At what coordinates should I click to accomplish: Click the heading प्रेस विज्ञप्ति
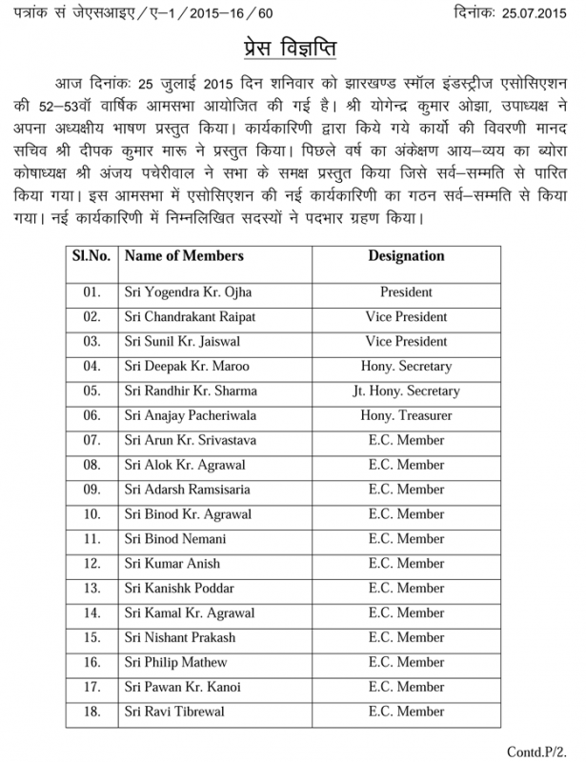pos(293,50)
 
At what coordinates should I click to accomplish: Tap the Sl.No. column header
pos(90,257)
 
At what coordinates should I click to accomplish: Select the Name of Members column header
pos(184,257)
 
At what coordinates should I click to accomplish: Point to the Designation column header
pos(406,257)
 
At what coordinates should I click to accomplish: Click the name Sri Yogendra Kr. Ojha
pos(188,292)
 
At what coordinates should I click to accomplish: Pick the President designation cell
pos(406,292)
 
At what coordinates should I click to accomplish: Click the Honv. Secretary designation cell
pos(406,366)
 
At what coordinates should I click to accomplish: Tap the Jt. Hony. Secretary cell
pos(406,391)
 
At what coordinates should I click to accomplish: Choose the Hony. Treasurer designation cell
pos(406,415)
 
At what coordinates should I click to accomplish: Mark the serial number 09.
pos(91,490)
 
